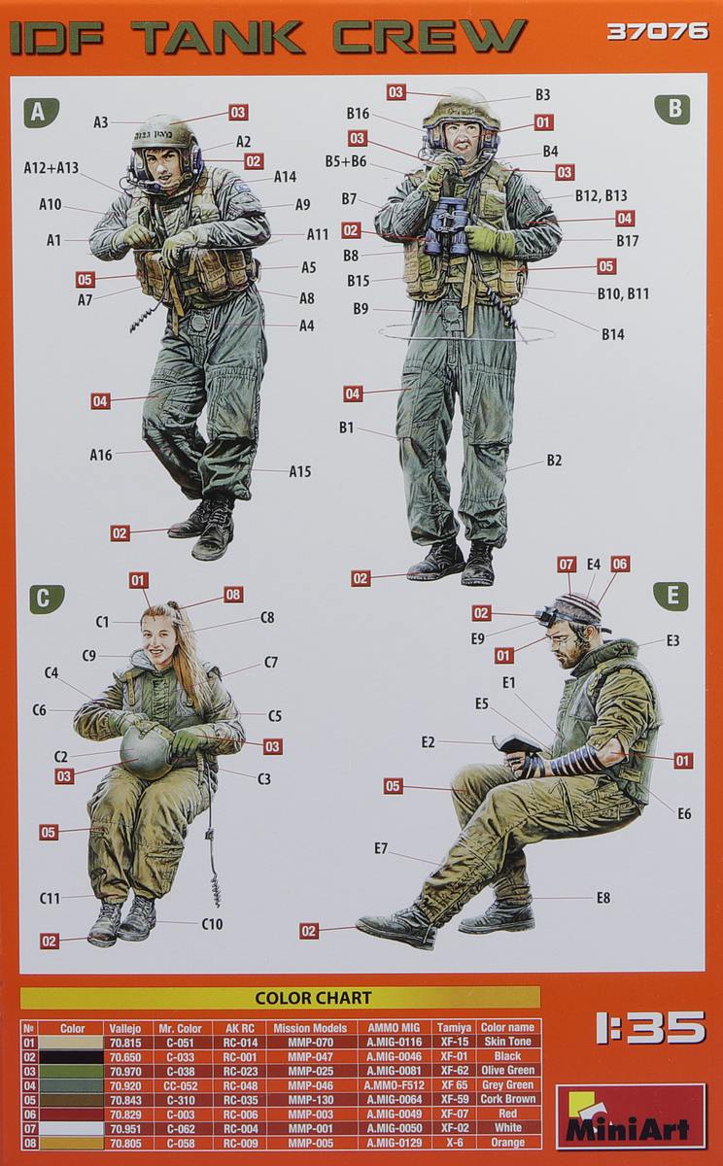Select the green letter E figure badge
pyautogui.click(x=671, y=596)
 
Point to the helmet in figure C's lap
pyautogui.click(x=147, y=752)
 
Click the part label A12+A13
pyautogui.click(x=51, y=168)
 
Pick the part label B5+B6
pyautogui.click(x=345, y=161)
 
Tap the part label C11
pyautogui.click(x=51, y=899)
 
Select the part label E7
pyautogui.click(x=381, y=848)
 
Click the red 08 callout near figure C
pyautogui.click(x=233, y=595)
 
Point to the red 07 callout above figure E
pyautogui.click(x=567, y=564)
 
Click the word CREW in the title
pyautogui.click(x=429, y=37)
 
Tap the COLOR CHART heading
pyautogui.click(x=299, y=998)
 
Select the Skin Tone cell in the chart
pyautogui.click(x=506, y=1042)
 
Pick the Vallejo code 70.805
pyautogui.click(x=125, y=1143)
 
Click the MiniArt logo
pyautogui.click(x=631, y=1116)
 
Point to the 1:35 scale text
pyautogui.click(x=650, y=1028)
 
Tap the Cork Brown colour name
pyautogui.click(x=506, y=1100)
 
